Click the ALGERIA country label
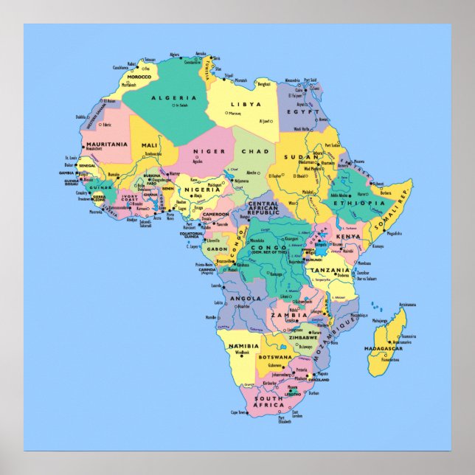click(x=174, y=98)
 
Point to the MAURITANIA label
click(x=107, y=144)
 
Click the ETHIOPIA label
click(x=359, y=202)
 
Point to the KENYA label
click(x=348, y=236)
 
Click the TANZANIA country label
click(x=330, y=270)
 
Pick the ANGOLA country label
click(x=246, y=299)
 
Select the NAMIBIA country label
click(x=243, y=345)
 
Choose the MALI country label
click(x=150, y=145)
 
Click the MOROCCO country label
click(x=139, y=77)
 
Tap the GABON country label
click(x=217, y=249)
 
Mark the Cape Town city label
click(x=238, y=413)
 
